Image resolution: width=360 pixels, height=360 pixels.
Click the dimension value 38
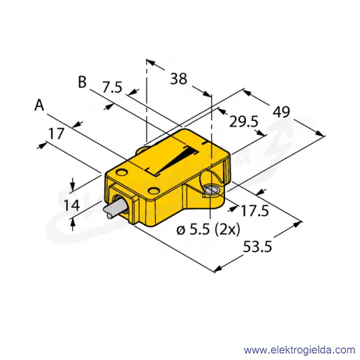[178, 78]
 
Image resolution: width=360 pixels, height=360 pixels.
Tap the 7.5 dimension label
[113, 87]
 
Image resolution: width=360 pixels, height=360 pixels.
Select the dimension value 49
[282, 112]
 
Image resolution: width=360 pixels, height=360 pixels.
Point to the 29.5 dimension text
[244, 122]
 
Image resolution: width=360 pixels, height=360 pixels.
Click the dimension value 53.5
[257, 247]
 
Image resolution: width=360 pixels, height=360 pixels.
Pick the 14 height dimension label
[72, 206]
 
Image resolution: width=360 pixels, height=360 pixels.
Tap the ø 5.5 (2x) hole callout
[208, 230]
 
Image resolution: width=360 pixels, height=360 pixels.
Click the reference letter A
[39, 105]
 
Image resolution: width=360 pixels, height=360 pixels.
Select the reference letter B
[82, 82]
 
